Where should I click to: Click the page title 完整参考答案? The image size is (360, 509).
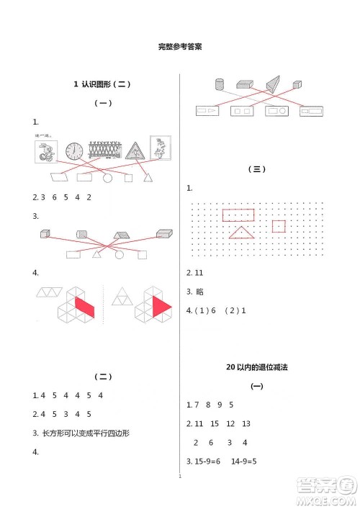tap(179, 47)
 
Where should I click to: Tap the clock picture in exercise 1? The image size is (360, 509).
tap(74, 151)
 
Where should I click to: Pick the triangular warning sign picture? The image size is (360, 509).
tap(133, 152)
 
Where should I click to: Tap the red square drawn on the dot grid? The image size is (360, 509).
tap(279, 226)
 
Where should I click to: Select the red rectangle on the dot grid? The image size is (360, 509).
tap(238, 215)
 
